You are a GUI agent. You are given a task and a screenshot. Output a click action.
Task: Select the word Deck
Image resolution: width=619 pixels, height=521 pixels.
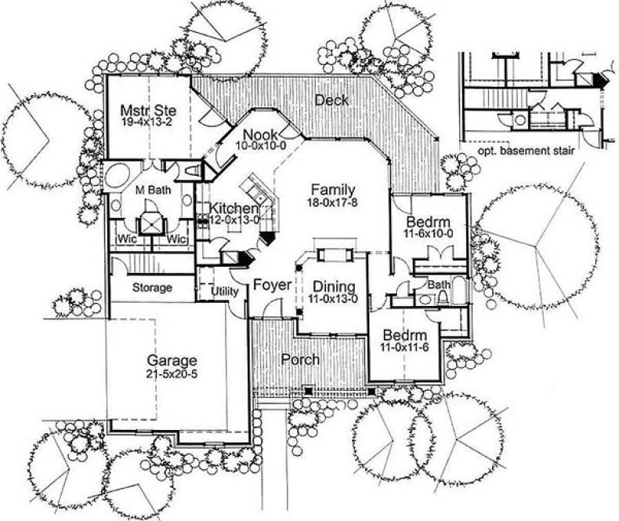331,100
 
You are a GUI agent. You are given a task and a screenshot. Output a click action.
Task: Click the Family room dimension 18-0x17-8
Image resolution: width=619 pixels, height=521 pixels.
333,202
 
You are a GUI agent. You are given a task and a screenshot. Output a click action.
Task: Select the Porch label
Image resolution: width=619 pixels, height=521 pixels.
300,359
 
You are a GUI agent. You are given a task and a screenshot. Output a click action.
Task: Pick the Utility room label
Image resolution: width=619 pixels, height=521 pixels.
225,291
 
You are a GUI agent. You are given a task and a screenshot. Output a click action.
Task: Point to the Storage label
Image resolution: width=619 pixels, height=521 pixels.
151,288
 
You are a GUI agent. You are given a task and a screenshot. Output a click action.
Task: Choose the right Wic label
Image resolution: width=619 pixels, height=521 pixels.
178,239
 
